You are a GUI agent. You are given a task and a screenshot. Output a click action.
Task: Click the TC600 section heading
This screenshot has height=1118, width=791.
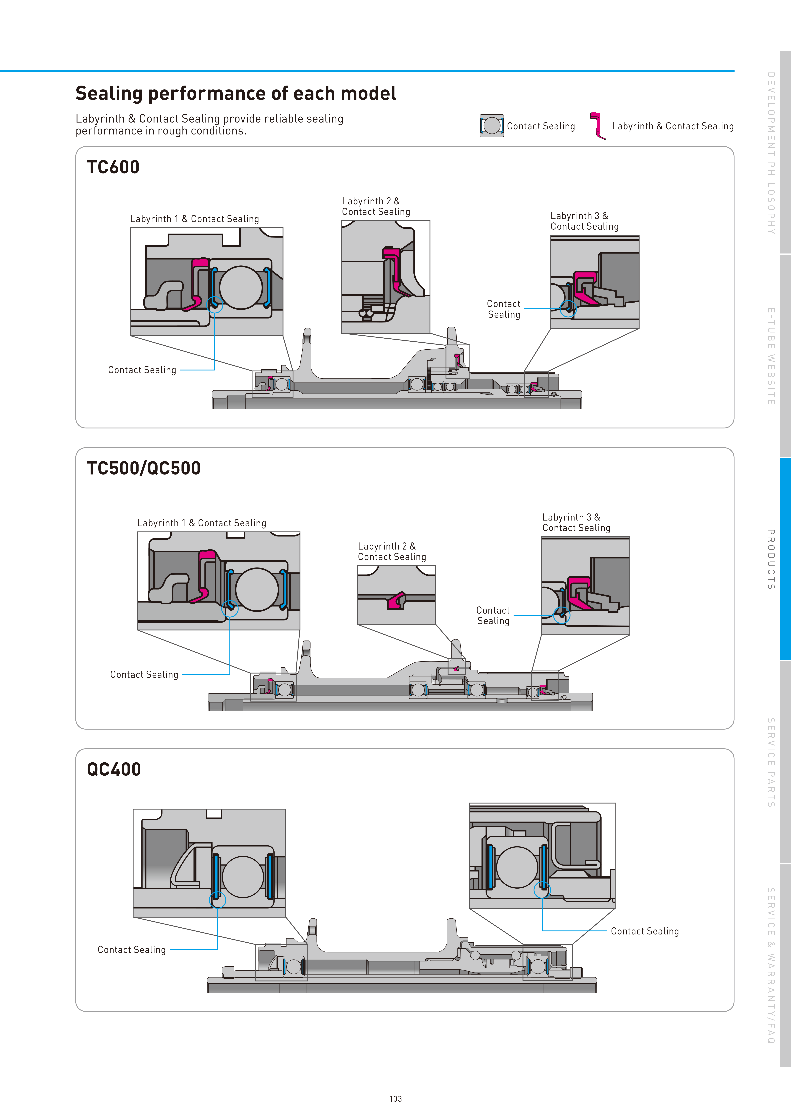click(x=113, y=167)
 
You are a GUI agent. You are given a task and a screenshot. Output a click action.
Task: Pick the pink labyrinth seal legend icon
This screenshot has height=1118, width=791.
click(x=597, y=126)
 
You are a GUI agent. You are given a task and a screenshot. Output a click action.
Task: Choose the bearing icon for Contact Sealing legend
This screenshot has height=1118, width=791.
click(x=492, y=126)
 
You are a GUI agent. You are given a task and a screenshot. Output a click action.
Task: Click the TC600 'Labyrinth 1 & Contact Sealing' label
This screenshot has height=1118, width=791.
click(x=195, y=219)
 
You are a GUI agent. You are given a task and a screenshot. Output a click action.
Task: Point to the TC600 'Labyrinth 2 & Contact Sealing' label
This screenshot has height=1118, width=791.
click(x=376, y=206)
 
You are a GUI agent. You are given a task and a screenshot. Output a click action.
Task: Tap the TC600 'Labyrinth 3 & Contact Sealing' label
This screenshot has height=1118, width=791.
click(x=584, y=221)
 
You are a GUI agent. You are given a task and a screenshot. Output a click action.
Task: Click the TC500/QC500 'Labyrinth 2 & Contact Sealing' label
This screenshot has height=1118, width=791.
click(x=392, y=552)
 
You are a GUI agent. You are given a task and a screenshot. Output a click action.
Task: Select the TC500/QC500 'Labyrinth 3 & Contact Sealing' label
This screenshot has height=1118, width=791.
click(x=576, y=522)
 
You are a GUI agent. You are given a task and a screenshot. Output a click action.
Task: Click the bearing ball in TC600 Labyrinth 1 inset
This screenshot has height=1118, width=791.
click(x=241, y=287)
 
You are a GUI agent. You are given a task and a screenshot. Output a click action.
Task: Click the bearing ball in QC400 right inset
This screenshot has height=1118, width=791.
click(x=517, y=867)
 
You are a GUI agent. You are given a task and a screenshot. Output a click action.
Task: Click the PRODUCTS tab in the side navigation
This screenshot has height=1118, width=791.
click(x=771, y=559)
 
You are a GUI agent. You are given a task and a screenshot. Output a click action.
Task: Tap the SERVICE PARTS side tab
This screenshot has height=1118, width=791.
click(x=771, y=762)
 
